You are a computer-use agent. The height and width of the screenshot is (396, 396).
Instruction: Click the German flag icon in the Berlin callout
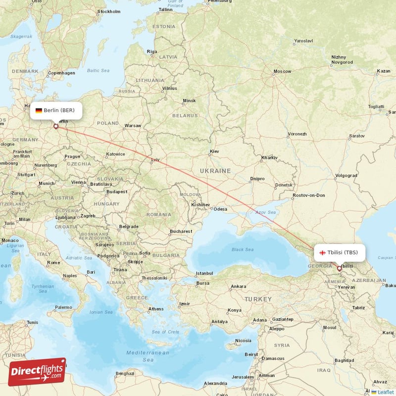click(39, 110)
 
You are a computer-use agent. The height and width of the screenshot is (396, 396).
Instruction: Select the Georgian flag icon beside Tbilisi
click(322, 252)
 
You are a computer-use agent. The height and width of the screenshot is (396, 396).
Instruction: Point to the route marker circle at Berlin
click(56, 127)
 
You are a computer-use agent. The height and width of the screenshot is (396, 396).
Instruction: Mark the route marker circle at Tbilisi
click(339, 269)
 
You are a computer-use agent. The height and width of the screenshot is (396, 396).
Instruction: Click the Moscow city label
click(283, 71)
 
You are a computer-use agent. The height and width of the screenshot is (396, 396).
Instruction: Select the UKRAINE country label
click(215, 170)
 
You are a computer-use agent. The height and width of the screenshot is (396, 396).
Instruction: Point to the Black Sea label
click(242, 249)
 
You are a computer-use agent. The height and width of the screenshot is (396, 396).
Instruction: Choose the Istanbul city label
click(204, 273)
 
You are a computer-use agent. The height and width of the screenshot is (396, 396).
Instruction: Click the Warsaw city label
click(133, 125)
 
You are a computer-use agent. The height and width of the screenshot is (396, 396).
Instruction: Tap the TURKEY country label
click(257, 299)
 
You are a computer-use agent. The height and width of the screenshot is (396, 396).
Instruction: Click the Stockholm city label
click(109, 11)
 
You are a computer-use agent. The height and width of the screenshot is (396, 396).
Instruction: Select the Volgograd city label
click(346, 175)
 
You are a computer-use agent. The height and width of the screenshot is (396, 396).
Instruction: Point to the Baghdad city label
click(344, 360)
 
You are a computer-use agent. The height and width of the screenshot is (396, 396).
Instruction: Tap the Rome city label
click(53, 262)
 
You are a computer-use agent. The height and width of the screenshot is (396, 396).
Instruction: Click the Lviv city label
click(156, 159)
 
